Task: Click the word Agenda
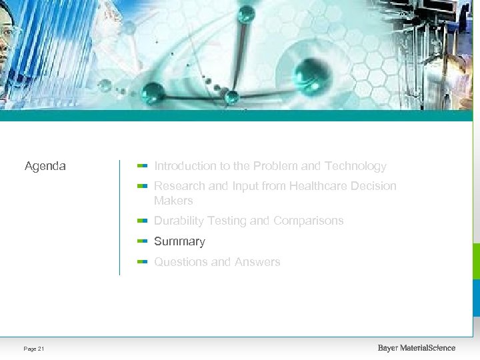[x=45, y=166]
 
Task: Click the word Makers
[x=173, y=201]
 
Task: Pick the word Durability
[x=179, y=221]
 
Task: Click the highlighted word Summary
[x=179, y=241]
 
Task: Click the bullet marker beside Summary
[x=141, y=241]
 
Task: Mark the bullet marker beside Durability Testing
[x=141, y=220]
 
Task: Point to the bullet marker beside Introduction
[x=141, y=165]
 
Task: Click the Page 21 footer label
[x=34, y=349]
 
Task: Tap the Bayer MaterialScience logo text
[x=417, y=348]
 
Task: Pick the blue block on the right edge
[x=476, y=297]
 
